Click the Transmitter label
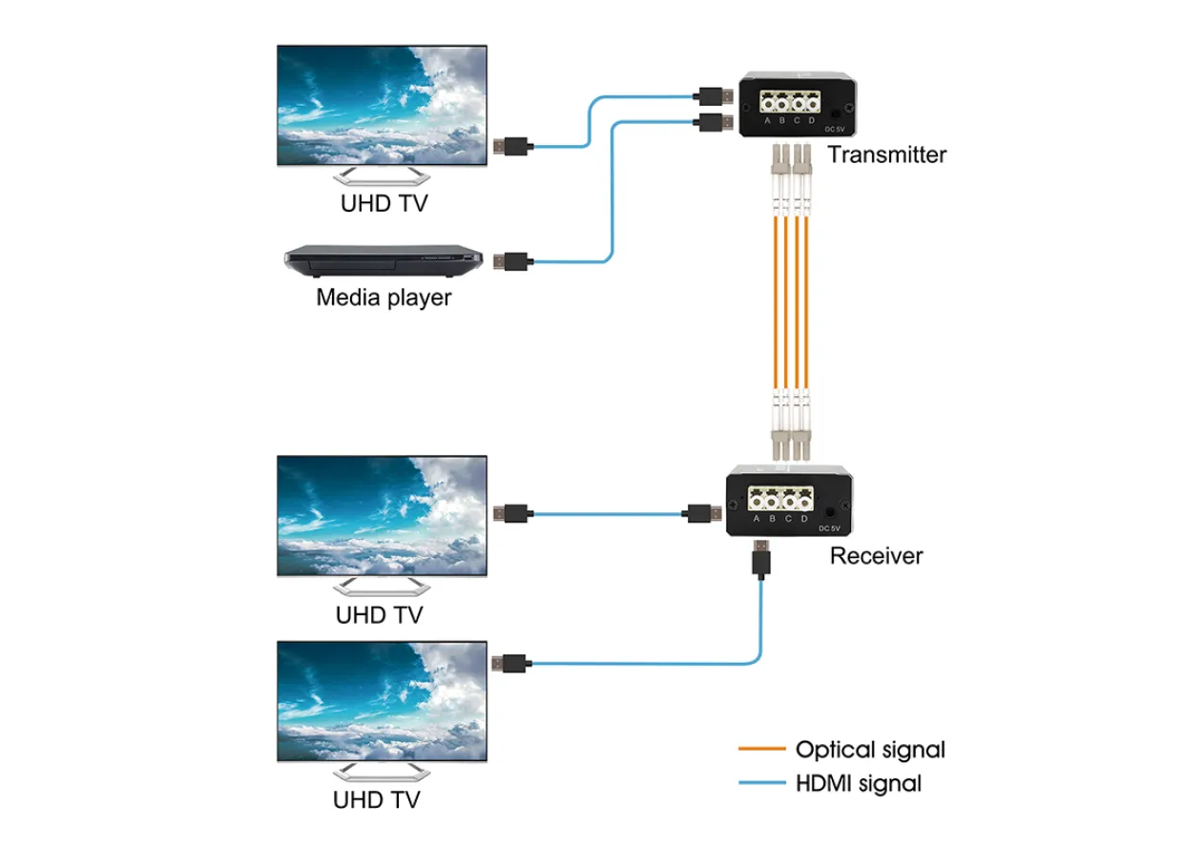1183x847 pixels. tap(886, 155)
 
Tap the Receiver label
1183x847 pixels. tap(876, 556)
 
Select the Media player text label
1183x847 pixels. tap(384, 298)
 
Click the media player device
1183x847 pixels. tap(384, 260)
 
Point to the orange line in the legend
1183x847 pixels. tap(762, 749)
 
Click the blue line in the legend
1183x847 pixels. tap(762, 782)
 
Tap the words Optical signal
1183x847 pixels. tap(870, 751)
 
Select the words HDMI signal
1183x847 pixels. tap(859, 784)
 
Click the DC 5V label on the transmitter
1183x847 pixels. tap(835, 130)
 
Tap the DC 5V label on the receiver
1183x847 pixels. tap(829, 528)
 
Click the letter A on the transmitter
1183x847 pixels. tap(767, 121)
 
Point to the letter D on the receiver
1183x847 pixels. tap(804, 519)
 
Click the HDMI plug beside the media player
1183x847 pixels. tap(510, 262)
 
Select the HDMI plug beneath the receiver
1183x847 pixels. tap(761, 559)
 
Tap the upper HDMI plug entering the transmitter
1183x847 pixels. tap(713, 96)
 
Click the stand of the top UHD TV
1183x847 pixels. tap(382, 176)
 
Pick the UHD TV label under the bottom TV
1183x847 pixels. tap(377, 800)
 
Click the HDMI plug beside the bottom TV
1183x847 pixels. tap(509, 664)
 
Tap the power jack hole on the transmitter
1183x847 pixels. tap(836, 114)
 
